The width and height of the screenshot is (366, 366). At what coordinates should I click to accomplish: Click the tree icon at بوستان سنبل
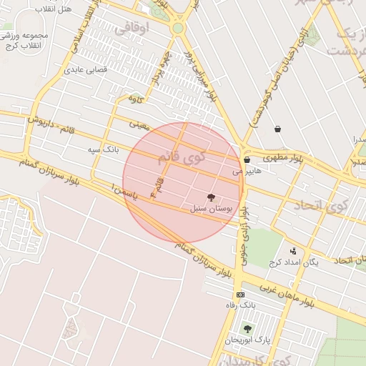click(212, 197)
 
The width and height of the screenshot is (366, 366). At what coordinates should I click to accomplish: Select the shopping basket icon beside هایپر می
click(247, 160)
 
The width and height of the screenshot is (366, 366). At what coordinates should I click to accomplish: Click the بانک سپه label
click(102, 150)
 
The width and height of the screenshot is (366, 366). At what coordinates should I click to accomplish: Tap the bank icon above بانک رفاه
click(240, 295)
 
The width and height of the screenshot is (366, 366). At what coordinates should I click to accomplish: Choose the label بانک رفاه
click(240, 306)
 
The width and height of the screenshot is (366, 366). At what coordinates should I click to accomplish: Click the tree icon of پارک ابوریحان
click(247, 329)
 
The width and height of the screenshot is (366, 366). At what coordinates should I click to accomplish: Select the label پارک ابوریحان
click(245, 340)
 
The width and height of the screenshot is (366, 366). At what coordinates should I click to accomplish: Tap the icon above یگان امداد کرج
click(293, 251)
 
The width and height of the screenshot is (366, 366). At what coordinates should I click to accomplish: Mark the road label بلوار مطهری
click(282, 157)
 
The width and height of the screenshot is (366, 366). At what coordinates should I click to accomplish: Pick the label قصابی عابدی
click(85, 70)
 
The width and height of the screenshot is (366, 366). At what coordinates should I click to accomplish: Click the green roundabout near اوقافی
click(177, 27)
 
